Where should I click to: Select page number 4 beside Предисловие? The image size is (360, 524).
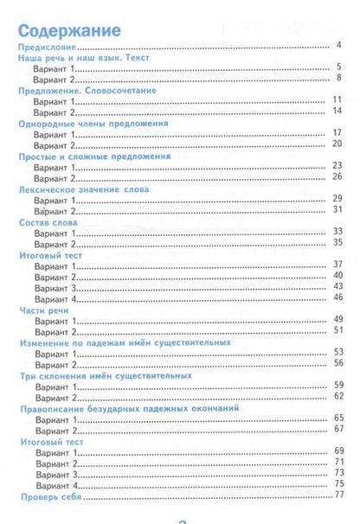pyautogui.click(x=339, y=45)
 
